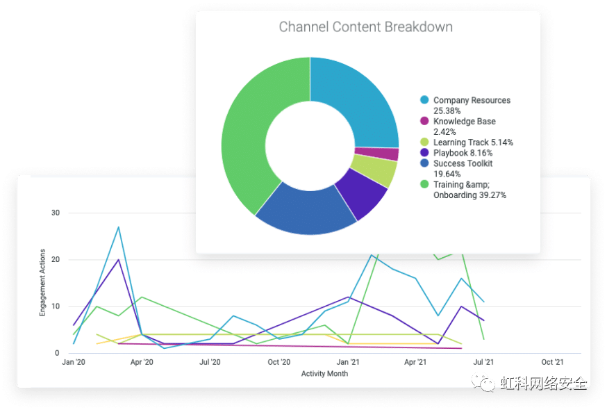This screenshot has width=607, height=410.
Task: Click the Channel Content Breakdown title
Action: pos(365,28)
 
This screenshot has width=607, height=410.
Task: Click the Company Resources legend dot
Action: pos(424,101)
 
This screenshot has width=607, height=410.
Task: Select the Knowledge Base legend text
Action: pos(464,122)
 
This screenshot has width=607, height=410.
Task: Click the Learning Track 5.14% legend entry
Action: pos(473,142)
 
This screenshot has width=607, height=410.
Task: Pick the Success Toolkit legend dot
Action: pos(424,164)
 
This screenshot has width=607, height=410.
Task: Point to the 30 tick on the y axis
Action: pos(56,213)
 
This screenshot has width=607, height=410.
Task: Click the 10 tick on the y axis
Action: pos(56,306)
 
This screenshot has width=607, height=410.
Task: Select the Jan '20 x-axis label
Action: pos(74,362)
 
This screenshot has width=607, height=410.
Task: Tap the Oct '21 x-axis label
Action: pos(552,362)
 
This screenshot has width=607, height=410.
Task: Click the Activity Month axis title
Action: pos(324,374)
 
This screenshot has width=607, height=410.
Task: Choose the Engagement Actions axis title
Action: pos(42,283)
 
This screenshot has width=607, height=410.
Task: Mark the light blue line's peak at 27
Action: pos(119,227)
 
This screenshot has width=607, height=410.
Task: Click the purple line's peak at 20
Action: pos(119,260)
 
